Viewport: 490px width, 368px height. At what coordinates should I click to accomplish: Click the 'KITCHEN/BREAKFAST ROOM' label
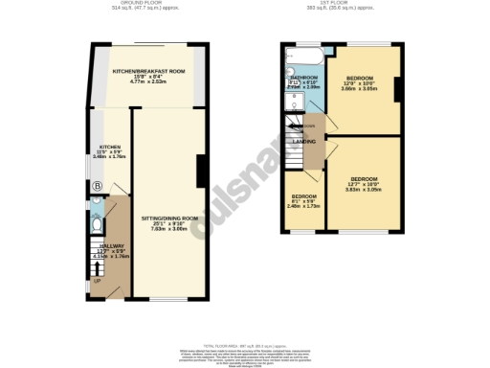(x=147, y=72)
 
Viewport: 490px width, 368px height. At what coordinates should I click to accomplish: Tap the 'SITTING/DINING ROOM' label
(x=167, y=218)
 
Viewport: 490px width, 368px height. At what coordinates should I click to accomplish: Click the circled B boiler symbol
(x=97, y=186)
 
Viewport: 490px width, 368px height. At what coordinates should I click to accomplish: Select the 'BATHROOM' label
(x=303, y=77)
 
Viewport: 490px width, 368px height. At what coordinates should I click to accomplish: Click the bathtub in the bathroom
(x=303, y=54)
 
